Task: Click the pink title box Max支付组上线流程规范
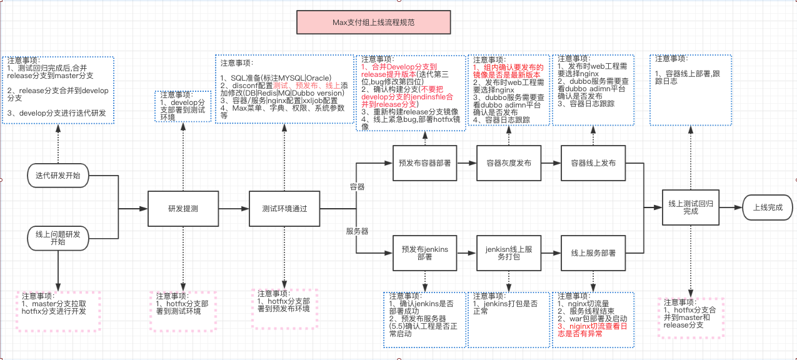373,22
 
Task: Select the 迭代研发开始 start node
58,175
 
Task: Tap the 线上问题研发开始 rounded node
58,237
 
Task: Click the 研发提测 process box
183,209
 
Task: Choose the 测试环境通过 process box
284,209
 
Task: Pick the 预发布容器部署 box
424,163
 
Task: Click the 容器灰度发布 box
508,163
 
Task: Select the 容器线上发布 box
593,163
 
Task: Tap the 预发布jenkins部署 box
424,252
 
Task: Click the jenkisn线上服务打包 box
508,252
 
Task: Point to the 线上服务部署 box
593,252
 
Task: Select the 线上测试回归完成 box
691,207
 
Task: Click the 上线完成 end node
768,207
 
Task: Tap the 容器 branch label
357,187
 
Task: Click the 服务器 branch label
357,231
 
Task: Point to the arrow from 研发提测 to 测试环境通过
234,209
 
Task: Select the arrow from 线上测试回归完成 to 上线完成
731,207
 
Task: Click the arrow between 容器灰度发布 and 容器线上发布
551,163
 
